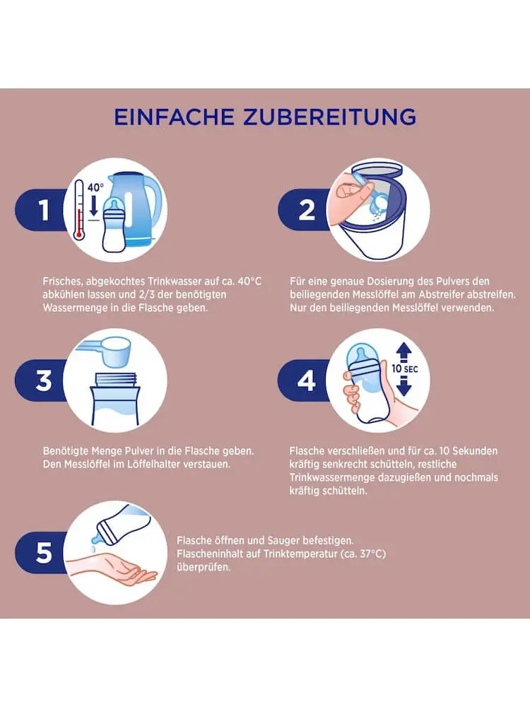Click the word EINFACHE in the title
[175, 117]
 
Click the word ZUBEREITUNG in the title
[329, 117]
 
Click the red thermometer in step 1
[79, 209]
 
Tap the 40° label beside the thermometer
[95, 187]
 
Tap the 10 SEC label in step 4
[404, 369]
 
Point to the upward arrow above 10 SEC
[404, 351]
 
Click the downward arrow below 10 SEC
[404, 387]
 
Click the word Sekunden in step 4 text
[475, 451]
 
